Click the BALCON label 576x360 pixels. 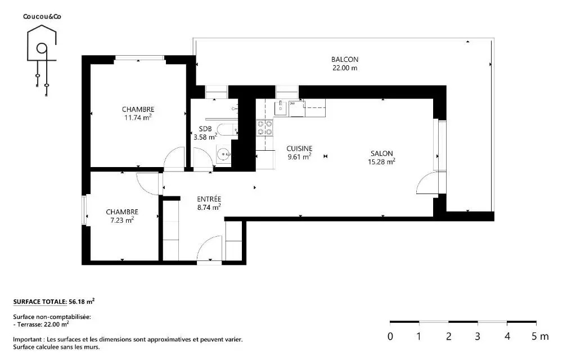345,60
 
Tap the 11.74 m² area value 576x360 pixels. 138,118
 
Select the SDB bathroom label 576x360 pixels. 205,129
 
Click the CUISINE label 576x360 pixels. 299,148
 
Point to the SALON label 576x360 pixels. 382,154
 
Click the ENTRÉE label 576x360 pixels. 209,199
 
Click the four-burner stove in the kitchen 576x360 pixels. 265,128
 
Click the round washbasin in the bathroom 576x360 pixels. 223,155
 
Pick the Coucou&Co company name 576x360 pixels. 42,16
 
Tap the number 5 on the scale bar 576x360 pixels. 534,336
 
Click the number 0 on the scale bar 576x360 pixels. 390,336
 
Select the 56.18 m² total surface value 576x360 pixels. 82,301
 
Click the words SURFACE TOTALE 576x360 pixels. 40,302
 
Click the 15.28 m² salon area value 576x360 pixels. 382,161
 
